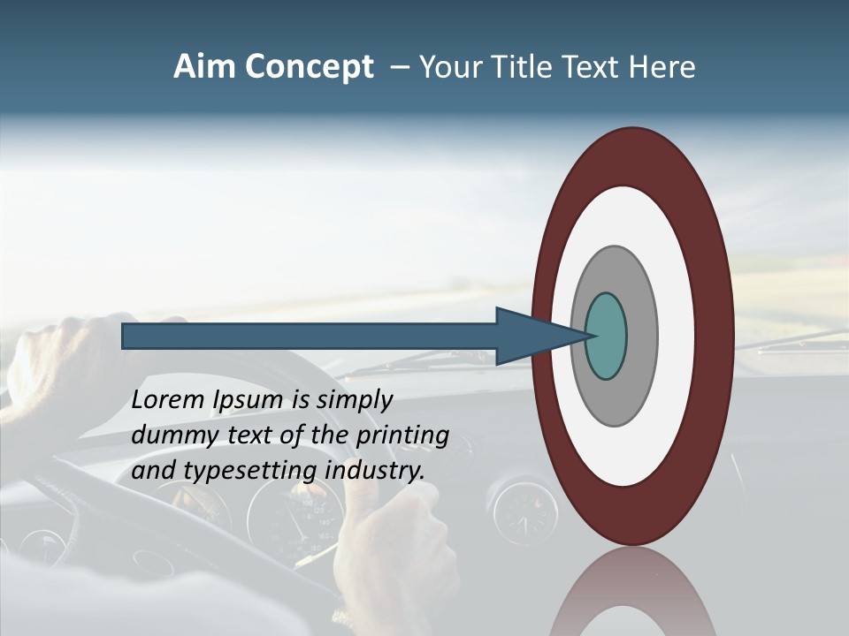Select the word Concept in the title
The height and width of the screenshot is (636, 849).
(x=310, y=67)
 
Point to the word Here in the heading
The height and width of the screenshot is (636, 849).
(x=662, y=66)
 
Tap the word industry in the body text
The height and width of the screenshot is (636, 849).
(x=375, y=471)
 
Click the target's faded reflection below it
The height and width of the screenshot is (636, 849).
(x=633, y=592)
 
